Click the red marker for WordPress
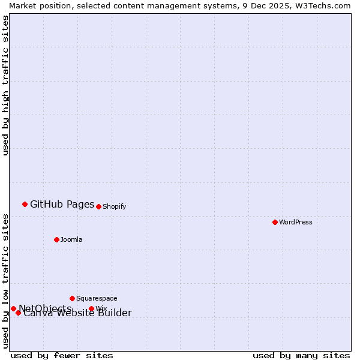tap(275, 222)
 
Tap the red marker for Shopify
tap(98, 206)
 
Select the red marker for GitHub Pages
tap(25, 204)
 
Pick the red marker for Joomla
tap(56, 239)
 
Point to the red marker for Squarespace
tap(72, 298)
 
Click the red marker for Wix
tap(91, 308)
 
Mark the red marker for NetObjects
tap(13, 308)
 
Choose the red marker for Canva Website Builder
tap(18, 313)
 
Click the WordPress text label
tap(296, 222)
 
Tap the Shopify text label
tap(115, 206)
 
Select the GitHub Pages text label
tap(62, 204)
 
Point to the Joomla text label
tap(71, 239)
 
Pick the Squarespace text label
tap(97, 298)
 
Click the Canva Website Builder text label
tap(77, 313)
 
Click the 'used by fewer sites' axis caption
tap(62, 355)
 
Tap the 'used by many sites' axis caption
tap(301, 355)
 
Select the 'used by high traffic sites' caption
tap(5, 85)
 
